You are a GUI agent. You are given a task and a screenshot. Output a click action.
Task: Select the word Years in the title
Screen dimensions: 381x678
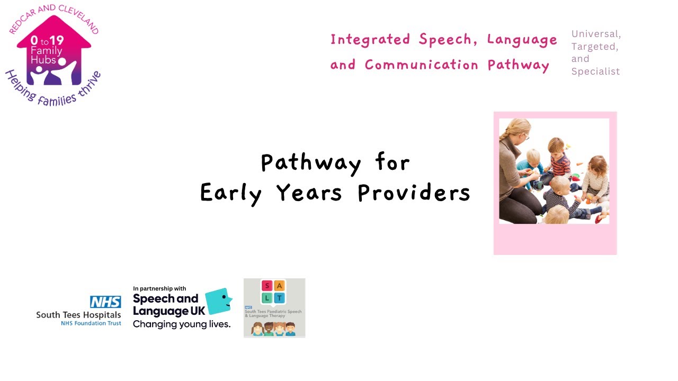coord(309,194)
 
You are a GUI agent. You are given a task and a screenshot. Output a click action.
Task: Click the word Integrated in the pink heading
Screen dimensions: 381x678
coord(370,39)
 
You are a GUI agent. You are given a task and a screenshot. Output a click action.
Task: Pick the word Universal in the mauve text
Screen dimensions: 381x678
coord(596,34)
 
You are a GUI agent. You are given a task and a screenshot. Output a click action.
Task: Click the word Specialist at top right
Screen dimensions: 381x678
coord(595,71)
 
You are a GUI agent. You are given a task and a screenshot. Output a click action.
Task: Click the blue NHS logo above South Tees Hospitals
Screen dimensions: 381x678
coord(105,302)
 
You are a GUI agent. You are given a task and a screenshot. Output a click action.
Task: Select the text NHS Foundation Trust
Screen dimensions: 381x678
coord(91,323)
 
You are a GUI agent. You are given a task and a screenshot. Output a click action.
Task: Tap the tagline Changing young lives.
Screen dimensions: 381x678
coord(181,324)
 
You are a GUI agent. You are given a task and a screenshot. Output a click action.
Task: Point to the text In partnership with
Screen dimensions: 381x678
coord(159,289)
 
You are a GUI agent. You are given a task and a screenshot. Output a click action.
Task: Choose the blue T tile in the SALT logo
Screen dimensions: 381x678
coord(280,298)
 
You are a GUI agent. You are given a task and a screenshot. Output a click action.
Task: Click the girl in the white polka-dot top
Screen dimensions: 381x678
coord(597,177)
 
